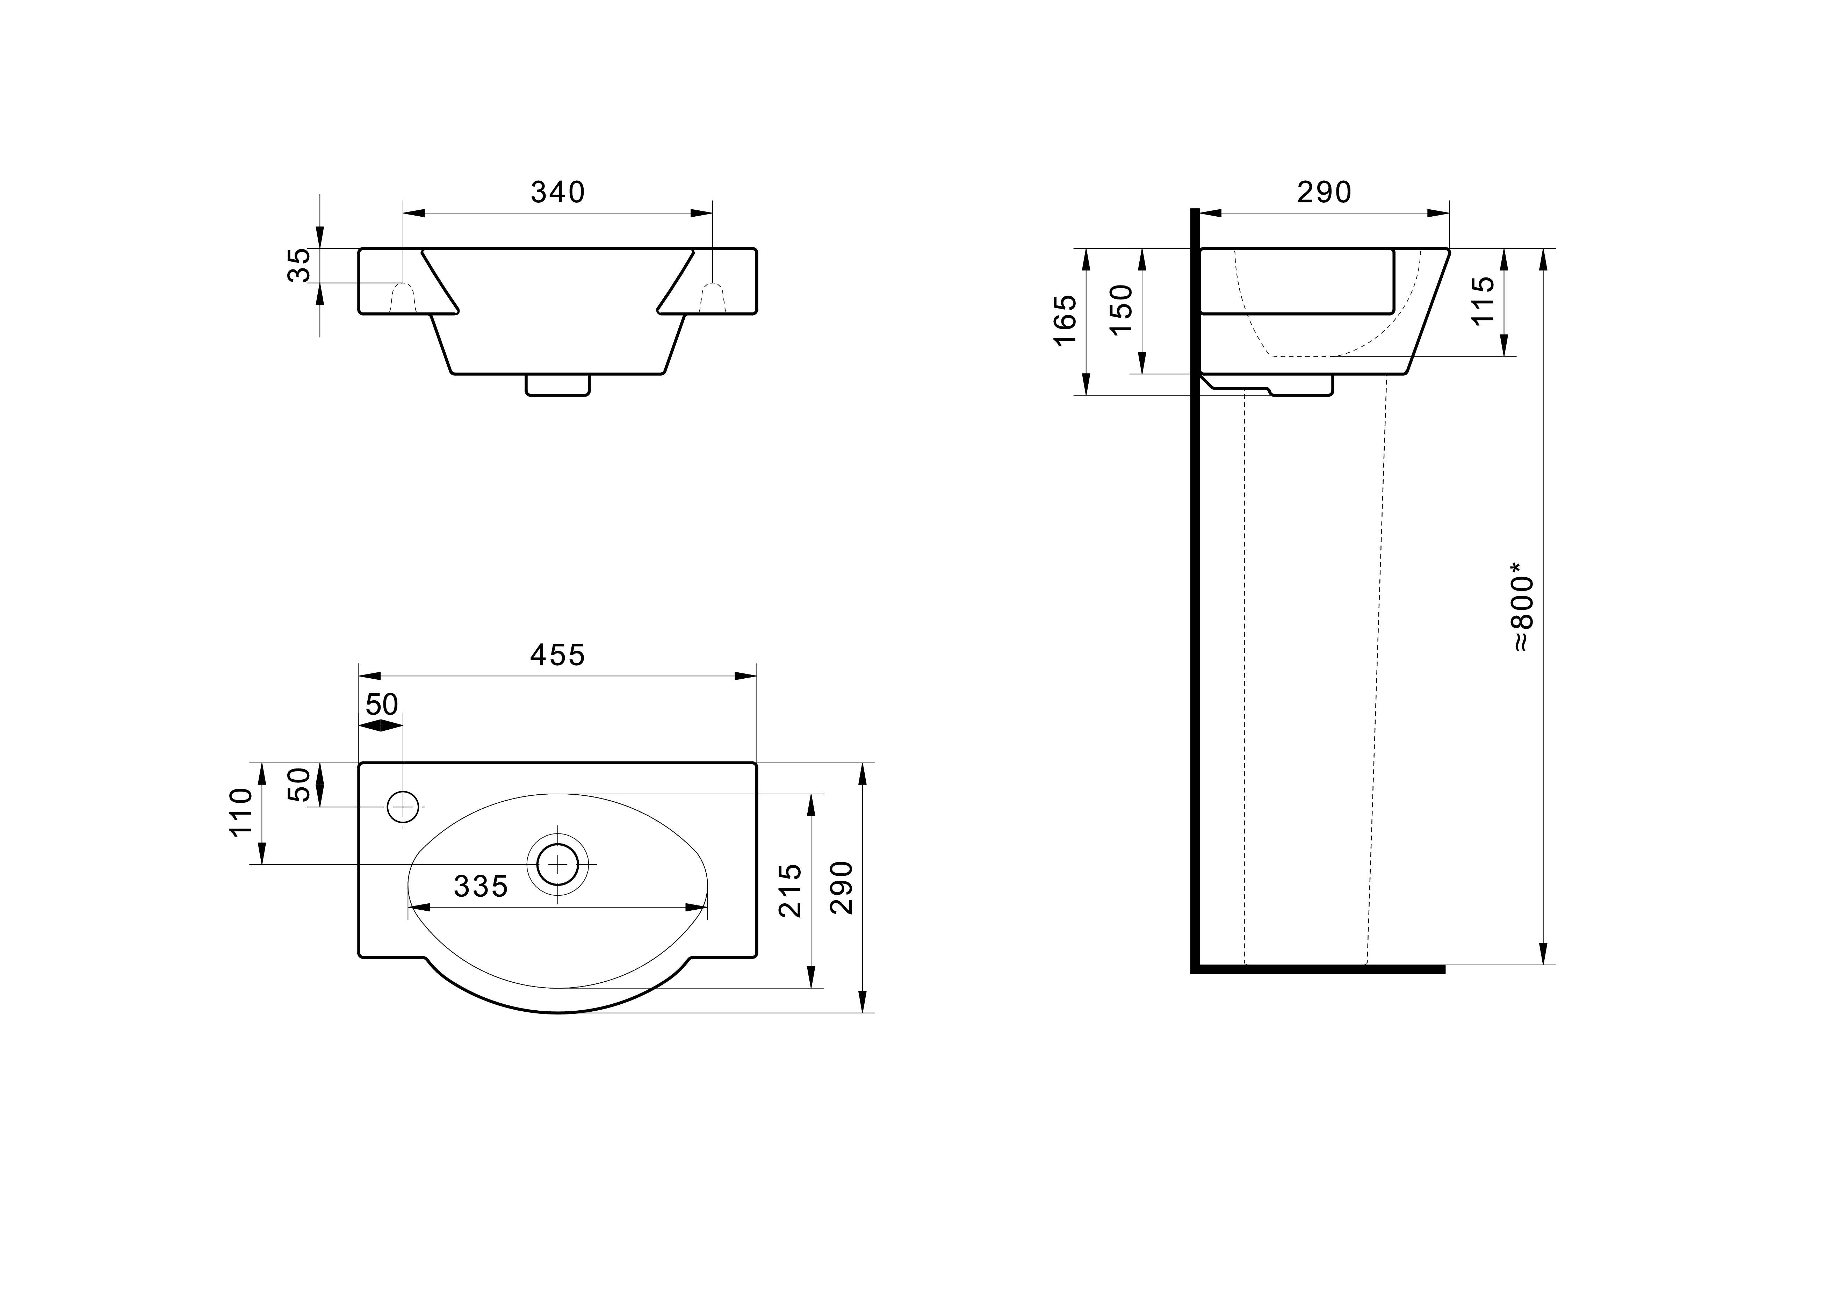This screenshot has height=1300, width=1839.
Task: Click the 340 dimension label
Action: pyautogui.click(x=558, y=192)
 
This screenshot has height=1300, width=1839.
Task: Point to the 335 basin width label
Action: pyautogui.click(x=481, y=886)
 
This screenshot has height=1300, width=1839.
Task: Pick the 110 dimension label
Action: pyautogui.click(x=241, y=811)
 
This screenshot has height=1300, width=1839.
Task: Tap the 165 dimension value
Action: pyautogui.click(x=1065, y=320)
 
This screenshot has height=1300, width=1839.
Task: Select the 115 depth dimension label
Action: pyautogui.click(x=1483, y=301)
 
